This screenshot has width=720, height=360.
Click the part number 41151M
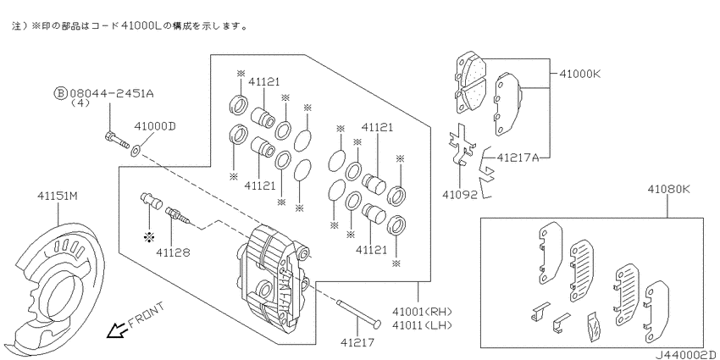(x=58, y=196)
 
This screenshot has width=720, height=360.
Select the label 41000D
(x=155, y=126)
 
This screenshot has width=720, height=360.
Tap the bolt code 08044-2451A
(x=112, y=93)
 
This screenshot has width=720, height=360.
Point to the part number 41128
(x=173, y=252)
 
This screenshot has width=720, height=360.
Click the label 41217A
(x=518, y=158)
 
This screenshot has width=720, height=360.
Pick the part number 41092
(x=460, y=195)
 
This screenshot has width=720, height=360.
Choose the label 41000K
(x=580, y=74)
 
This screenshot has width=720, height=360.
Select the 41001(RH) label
(x=422, y=312)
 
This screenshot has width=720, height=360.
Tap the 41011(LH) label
(x=422, y=325)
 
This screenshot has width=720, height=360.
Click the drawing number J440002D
(x=685, y=354)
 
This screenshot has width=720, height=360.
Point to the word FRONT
(x=146, y=314)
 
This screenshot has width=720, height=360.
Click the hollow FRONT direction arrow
(x=117, y=330)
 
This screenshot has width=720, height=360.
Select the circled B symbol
(x=61, y=93)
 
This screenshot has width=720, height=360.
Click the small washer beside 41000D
(x=136, y=150)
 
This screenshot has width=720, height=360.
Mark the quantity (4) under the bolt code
(x=80, y=103)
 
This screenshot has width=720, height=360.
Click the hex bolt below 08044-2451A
(x=117, y=140)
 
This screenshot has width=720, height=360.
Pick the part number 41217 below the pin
(x=357, y=342)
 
